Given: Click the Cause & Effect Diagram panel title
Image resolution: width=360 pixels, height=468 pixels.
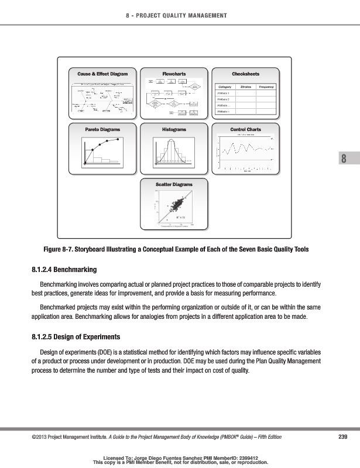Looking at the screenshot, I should click(x=102, y=74).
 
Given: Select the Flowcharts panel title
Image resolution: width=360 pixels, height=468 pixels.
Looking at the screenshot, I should click(x=174, y=74).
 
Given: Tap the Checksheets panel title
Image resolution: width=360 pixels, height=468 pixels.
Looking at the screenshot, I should click(x=245, y=74).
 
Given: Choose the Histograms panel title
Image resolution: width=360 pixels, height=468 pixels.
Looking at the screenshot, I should click(x=174, y=129).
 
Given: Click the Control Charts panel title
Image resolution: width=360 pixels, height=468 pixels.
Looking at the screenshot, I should click(x=245, y=129).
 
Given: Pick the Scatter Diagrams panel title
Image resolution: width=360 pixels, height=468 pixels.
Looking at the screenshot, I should click(x=174, y=184).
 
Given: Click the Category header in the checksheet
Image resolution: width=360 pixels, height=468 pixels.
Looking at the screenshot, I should click(x=224, y=87).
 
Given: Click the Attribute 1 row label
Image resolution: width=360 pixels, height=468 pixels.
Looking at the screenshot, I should click(x=224, y=93).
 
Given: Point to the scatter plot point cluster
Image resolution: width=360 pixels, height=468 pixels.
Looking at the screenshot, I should click(x=176, y=206).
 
